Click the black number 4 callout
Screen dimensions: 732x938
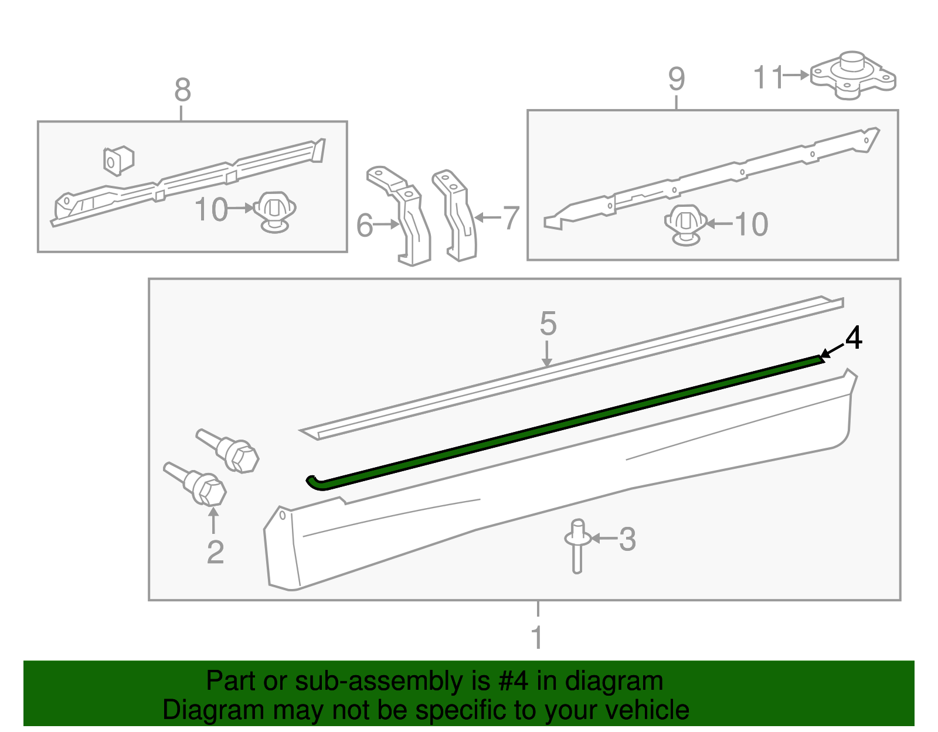click(x=854, y=338)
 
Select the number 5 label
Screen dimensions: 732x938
click(x=548, y=324)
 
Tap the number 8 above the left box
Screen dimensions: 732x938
click(x=182, y=91)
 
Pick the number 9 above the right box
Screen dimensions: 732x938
click(x=676, y=79)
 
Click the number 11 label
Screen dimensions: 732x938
click(x=768, y=77)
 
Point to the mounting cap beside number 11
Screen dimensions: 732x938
click(x=853, y=76)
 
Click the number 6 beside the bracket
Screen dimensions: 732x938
click(x=365, y=225)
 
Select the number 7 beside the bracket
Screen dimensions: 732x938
click(x=511, y=218)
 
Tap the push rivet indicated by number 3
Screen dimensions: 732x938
click(x=577, y=544)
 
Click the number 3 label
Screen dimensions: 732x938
click(x=627, y=539)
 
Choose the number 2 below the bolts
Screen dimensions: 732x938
click(x=215, y=552)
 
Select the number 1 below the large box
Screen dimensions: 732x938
click(x=536, y=637)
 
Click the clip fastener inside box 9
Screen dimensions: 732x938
click(x=685, y=224)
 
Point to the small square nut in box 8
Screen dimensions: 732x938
click(x=118, y=160)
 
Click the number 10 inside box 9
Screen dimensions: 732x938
click(x=750, y=224)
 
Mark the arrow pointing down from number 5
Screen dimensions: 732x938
click(x=546, y=355)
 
